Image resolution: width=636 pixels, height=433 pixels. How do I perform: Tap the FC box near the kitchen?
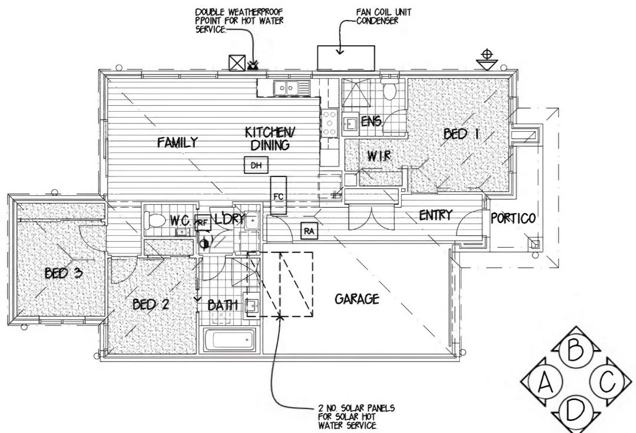[x=279, y=196]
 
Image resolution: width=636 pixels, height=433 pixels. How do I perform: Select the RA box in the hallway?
[x=309, y=232]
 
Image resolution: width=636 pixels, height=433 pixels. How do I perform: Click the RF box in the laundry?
[x=202, y=222]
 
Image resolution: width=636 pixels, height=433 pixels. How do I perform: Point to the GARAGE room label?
[x=357, y=299]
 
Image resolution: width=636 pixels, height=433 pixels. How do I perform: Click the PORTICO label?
[x=514, y=219]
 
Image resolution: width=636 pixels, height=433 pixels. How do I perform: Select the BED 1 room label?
[x=461, y=135]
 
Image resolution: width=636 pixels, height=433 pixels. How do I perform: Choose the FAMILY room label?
[x=177, y=142]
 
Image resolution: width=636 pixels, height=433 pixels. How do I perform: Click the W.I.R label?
[x=379, y=156]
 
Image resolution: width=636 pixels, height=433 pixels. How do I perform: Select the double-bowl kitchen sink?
[x=287, y=88]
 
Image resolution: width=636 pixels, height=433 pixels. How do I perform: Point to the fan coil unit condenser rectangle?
[x=346, y=58]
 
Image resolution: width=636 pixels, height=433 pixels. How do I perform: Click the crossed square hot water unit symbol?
[x=237, y=63]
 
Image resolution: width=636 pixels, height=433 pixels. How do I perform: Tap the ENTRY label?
[x=435, y=215]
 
